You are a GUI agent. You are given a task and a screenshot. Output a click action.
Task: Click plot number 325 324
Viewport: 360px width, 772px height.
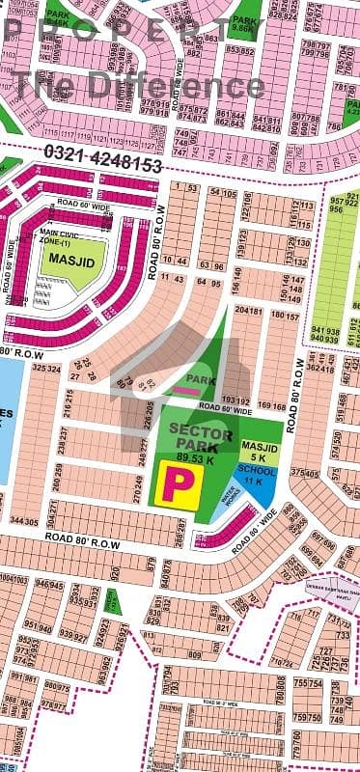(x=46, y=368)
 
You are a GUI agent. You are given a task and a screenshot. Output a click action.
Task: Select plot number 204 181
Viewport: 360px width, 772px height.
(x=248, y=312)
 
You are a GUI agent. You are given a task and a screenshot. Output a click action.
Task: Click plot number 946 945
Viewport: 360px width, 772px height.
(x=49, y=585)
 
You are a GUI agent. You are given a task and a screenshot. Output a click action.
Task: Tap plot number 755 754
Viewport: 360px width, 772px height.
(x=308, y=683)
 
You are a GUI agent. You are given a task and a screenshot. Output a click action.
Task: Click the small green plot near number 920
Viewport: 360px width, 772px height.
(x=114, y=602)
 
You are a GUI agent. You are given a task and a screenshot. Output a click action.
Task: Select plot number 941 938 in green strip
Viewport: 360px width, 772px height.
(x=324, y=334)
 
